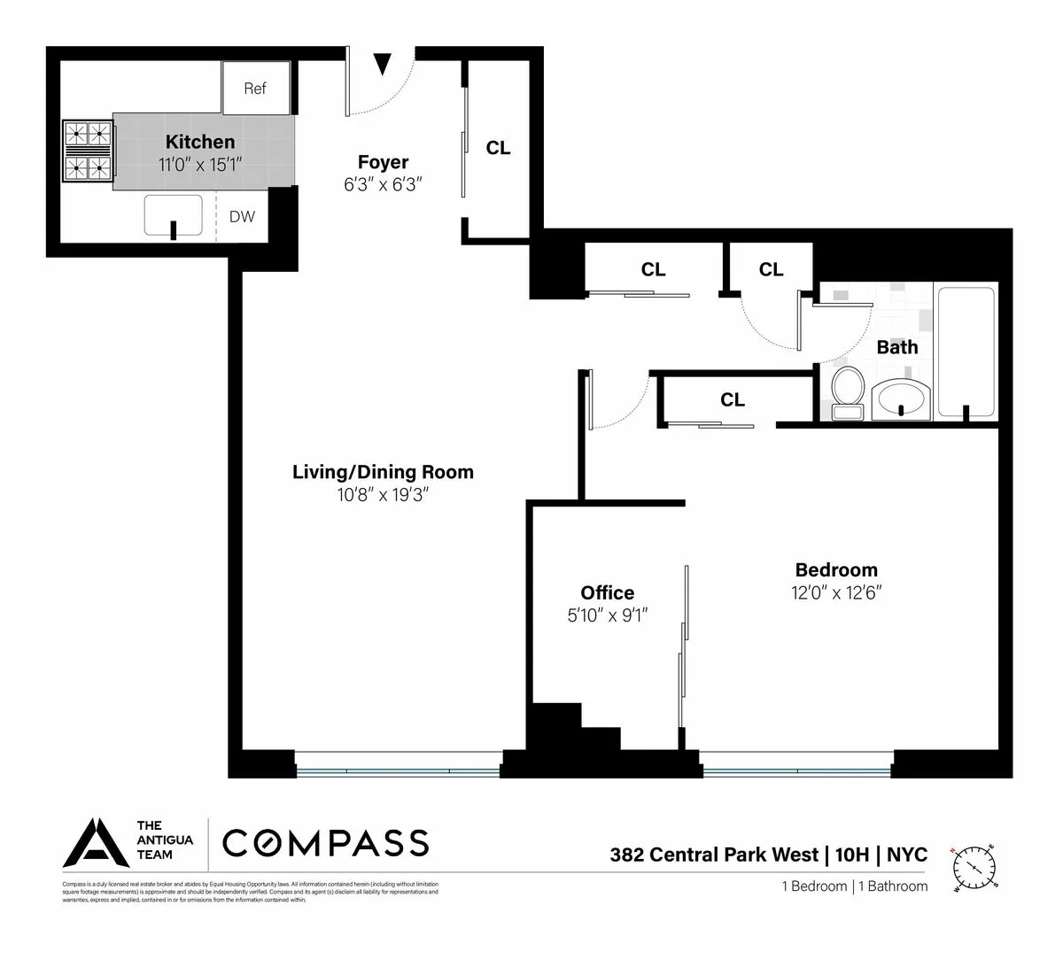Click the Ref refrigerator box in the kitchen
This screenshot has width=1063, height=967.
point(255,88)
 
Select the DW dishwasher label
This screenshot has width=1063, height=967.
point(242,217)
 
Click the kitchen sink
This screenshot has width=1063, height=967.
point(175,217)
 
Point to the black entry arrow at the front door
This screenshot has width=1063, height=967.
point(382,64)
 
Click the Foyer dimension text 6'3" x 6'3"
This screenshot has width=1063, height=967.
point(383,184)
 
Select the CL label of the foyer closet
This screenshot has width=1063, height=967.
point(499,148)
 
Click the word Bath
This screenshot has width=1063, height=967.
point(896,347)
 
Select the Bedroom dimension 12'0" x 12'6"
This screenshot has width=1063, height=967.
point(837,592)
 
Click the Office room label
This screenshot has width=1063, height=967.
point(607,593)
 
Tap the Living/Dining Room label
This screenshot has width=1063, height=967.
point(383,472)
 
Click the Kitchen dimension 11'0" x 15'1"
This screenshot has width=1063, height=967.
point(200,164)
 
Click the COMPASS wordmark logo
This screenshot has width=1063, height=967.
point(325,843)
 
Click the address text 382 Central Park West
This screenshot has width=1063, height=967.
point(713,855)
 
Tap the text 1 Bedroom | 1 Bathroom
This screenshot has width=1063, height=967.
point(854,886)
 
